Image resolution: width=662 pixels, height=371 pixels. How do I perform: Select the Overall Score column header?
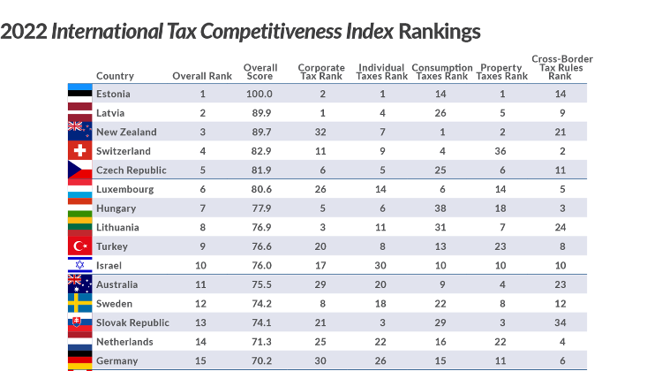point(260,72)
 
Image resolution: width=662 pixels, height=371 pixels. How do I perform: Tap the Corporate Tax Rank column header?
point(321,72)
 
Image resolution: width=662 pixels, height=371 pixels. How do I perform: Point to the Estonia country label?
point(112,94)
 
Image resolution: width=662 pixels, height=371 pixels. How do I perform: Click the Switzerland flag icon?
point(80,151)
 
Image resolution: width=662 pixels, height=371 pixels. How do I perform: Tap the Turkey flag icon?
point(80,246)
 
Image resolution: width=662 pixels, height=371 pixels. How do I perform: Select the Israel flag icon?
point(80,265)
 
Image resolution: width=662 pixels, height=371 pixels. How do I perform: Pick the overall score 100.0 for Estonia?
point(260,94)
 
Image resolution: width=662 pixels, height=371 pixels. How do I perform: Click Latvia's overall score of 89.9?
point(260,113)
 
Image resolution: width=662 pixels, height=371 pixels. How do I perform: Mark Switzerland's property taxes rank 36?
point(501,151)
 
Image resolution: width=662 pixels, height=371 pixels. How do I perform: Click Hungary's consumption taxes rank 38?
point(441,208)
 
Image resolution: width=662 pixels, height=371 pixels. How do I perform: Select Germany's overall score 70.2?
point(260,360)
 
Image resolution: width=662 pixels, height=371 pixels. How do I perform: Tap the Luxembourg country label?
point(124,189)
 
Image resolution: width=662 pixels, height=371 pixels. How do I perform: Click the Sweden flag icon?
point(80,303)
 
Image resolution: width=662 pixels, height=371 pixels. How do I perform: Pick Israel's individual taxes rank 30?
point(381,265)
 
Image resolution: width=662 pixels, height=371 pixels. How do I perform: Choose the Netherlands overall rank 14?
point(202,341)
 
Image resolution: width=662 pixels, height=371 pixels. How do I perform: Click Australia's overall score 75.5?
point(260,284)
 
